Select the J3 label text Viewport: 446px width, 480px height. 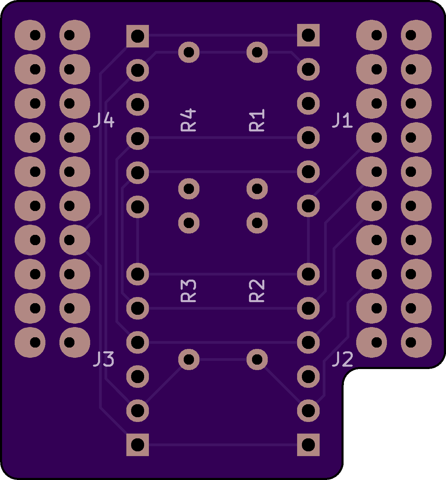pyautogui.click(x=104, y=359)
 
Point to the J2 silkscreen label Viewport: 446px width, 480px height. pyautogui.click(x=343, y=359)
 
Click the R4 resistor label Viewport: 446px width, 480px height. pyautogui.click(x=189, y=120)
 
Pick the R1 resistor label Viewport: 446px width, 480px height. pyautogui.click(x=257, y=120)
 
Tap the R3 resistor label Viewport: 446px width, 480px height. pyautogui.click(x=189, y=291)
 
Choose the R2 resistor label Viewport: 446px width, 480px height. pyautogui.click(x=257, y=291)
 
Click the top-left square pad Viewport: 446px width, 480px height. pyautogui.click(x=138, y=36)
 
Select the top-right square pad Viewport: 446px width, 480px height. pyautogui.click(x=308, y=35)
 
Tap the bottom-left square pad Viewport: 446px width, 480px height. pyautogui.click(x=138, y=445)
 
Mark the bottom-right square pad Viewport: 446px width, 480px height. pyautogui.click(x=308, y=445)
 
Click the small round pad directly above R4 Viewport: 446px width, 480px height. pyautogui.click(x=189, y=52)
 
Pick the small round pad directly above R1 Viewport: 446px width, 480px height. pyautogui.click(x=257, y=52)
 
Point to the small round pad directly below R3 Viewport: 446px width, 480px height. pyautogui.click(x=189, y=359)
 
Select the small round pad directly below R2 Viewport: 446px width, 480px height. pyautogui.click(x=257, y=359)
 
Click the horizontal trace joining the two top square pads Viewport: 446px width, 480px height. pyautogui.click(x=223, y=35)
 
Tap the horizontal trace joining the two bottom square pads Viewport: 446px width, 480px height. pyautogui.click(x=223, y=445)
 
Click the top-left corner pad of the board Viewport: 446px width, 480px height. pyautogui.click(x=30, y=35)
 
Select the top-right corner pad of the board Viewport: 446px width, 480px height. pyautogui.click(x=416, y=35)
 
